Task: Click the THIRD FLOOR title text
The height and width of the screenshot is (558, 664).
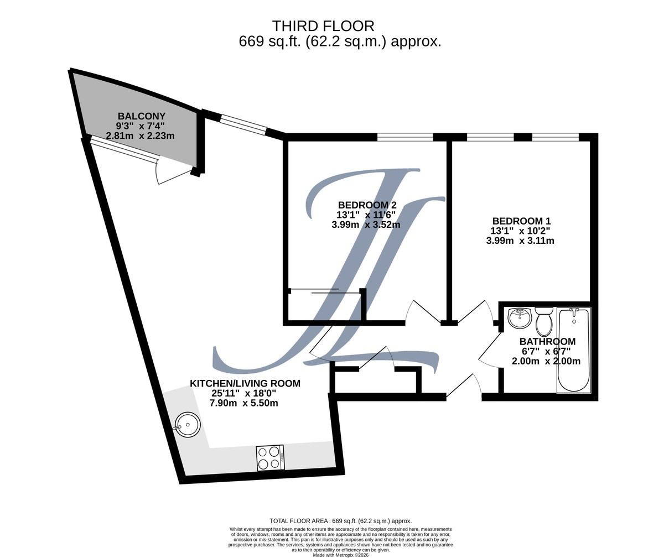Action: pos(323,26)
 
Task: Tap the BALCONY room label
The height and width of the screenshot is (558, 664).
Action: pos(142,116)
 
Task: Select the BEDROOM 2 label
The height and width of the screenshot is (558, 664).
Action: pos(367,205)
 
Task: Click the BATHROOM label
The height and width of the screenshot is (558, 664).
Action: pos(547,341)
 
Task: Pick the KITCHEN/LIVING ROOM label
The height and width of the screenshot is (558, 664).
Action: pos(245,383)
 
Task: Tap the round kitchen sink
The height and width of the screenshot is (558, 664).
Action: pos(188,425)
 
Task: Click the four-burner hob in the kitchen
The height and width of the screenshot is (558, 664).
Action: pos(271,457)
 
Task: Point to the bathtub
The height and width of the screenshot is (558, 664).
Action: pos(574,350)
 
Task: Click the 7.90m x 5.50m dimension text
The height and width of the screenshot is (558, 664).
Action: pos(243,403)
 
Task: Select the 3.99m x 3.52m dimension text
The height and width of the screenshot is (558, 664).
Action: pos(366,225)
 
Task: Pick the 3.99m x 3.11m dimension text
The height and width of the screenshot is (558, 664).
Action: pos(520,241)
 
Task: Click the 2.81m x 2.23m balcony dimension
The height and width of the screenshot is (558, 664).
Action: pos(140,135)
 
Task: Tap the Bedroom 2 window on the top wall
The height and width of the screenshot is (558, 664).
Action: pos(405,137)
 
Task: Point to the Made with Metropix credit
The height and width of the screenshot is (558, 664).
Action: pos(341,555)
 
